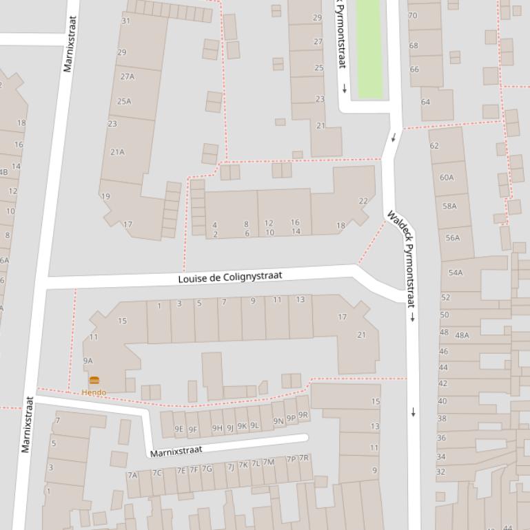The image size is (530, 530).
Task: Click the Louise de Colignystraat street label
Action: (x=230, y=277)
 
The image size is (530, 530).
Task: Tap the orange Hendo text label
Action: (x=94, y=392)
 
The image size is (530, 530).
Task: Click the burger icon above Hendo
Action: (x=94, y=380)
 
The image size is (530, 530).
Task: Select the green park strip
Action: (x=369, y=48)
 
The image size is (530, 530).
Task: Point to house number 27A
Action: (x=128, y=76)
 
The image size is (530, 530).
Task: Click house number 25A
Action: (x=124, y=101)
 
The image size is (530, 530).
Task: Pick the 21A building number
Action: (x=118, y=152)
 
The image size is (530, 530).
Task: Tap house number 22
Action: (x=363, y=201)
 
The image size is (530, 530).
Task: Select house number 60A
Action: (x=447, y=178)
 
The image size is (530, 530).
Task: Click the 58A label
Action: (x=450, y=206)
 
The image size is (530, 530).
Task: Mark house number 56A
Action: (x=453, y=238)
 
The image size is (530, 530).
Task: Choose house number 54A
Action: (x=456, y=273)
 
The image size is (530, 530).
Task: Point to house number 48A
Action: (x=462, y=335)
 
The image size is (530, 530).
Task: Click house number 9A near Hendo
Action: (x=88, y=361)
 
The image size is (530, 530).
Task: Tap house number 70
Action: (x=413, y=15)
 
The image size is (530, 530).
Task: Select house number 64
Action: (x=425, y=102)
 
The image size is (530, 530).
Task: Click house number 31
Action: (x=125, y=21)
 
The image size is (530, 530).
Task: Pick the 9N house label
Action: (x=278, y=421)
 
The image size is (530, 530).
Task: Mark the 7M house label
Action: (x=268, y=462)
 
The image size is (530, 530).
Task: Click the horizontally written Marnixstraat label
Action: (x=176, y=451)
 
